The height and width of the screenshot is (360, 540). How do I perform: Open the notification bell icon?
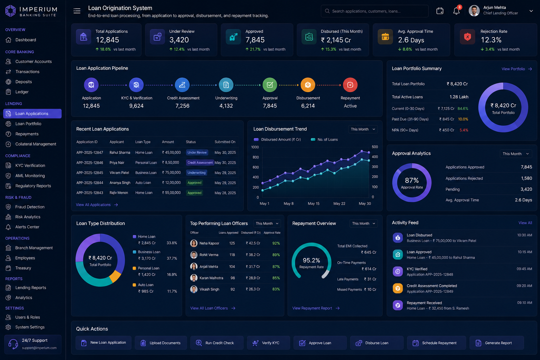coord(456,11)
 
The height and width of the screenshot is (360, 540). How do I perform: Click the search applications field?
coord(374,11)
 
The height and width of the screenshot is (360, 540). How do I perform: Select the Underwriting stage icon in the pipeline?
coord(226,85)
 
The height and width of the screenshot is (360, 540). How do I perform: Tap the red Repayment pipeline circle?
coord(350,85)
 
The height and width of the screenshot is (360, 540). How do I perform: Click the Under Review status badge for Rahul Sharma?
coord(197,152)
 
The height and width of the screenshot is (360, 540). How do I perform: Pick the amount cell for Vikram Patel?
coord(171,173)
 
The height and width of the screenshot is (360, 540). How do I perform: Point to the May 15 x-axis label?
coord(313,204)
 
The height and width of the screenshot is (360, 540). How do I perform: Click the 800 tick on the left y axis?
coord(256,157)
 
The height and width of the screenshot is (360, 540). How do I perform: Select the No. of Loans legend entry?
coord(324,139)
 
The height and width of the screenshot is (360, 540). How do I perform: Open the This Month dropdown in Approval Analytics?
coord(516,154)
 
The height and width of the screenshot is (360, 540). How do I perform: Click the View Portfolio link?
coord(516,69)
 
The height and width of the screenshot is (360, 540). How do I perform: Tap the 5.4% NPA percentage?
coord(464,130)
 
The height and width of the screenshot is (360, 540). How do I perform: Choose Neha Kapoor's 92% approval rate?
coord(276,243)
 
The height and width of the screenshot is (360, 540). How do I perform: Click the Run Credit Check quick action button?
coord(217,343)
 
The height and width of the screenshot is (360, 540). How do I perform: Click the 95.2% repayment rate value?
coord(311,260)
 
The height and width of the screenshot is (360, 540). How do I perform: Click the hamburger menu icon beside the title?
coord(77,11)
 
